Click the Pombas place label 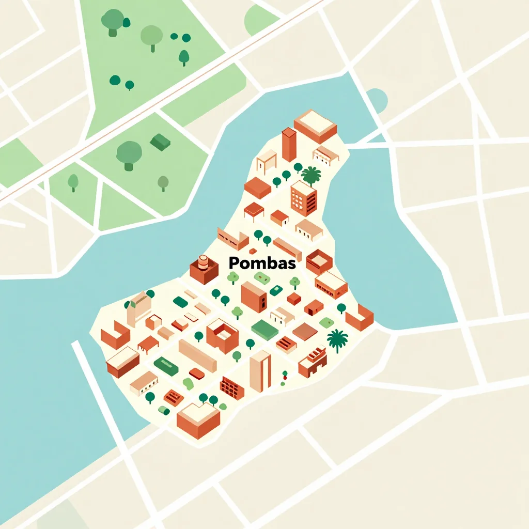coord(262,263)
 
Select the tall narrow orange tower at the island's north coord(289,144)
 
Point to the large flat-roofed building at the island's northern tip coord(315,125)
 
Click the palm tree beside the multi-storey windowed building coord(311,175)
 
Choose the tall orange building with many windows coord(304,198)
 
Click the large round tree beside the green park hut coord(129,153)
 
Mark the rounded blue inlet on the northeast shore coord(377,99)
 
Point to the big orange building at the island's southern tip coord(198,419)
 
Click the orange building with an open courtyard coord(222,335)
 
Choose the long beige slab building coord(197,355)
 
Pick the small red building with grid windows coord(232,387)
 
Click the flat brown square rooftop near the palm coord(305,332)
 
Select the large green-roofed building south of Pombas coord(265,330)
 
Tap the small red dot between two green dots coord(284,378)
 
